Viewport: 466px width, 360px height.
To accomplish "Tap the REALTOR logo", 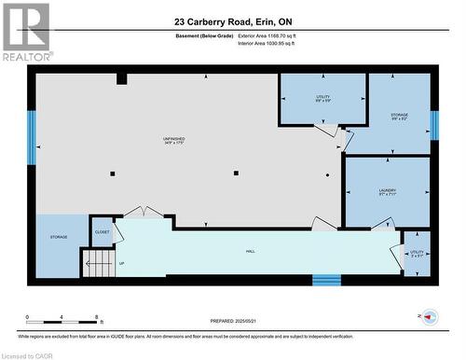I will pos(25,32).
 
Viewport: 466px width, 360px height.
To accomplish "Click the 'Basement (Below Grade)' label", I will pos(203,35).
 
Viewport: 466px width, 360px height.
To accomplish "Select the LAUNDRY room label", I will pos(388,193).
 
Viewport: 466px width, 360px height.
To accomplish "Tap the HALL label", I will pos(251,252).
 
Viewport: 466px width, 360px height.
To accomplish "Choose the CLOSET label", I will pos(103,231).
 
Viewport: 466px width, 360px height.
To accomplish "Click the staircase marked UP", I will pos(98,263).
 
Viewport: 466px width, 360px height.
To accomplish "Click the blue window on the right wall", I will pos(434,124).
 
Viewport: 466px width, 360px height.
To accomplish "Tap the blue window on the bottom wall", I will pos(326,280).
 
